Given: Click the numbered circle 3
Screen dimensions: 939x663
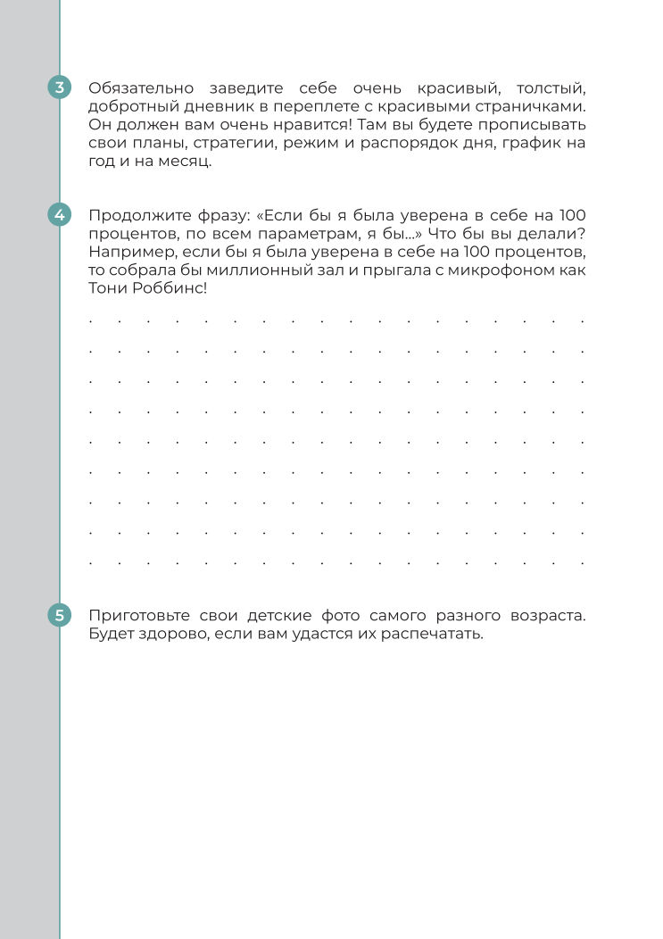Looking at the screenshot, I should (60, 87).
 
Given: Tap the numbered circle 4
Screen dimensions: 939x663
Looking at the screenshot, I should (60, 214).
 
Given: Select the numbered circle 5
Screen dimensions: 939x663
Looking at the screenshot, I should (60, 615).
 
